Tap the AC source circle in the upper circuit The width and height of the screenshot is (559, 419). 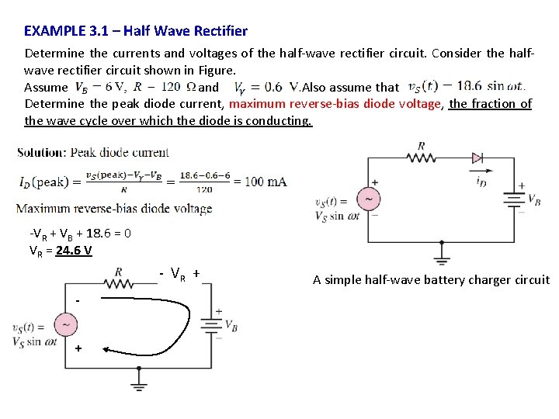pos(368,199)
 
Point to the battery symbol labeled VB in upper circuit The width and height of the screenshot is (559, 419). pos(513,199)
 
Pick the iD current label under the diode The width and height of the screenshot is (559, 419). pos(481,182)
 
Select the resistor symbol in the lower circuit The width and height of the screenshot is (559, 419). pos(118,285)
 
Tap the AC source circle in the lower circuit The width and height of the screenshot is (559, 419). pos(65,324)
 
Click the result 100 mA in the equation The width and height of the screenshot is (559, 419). pos(266,182)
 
